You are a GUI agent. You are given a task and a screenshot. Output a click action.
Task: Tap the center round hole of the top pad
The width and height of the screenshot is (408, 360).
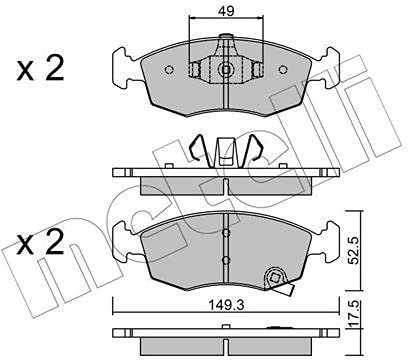pos(227,71)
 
